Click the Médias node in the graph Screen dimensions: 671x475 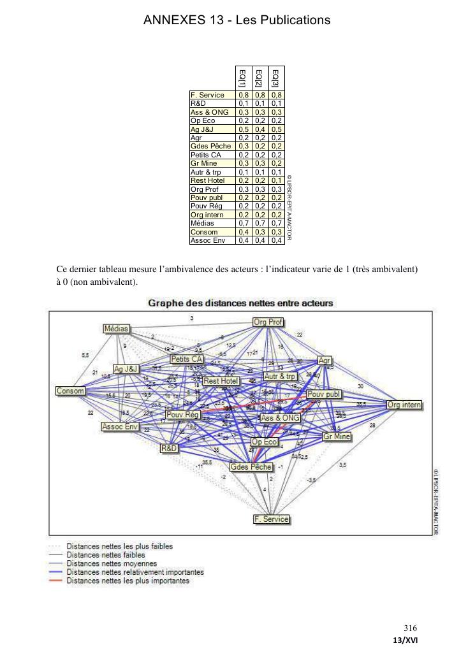[117, 328]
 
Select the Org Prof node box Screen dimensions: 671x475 [268, 322]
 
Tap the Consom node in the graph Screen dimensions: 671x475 [70, 391]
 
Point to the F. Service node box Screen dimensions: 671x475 [272, 519]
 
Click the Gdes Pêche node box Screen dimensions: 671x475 [251, 466]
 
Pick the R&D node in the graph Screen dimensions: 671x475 [169, 449]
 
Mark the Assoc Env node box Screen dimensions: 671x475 [120, 426]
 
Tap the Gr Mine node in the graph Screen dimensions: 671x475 [336, 437]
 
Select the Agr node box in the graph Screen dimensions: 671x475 [325, 360]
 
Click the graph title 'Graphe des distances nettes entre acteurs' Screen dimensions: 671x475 [240, 303]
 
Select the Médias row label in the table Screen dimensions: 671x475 [203, 223]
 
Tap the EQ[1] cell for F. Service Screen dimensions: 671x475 [243, 95]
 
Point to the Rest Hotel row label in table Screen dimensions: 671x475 [208, 180]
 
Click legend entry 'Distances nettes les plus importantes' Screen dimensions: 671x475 [128, 581]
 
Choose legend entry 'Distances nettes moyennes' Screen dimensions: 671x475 [112, 563]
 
